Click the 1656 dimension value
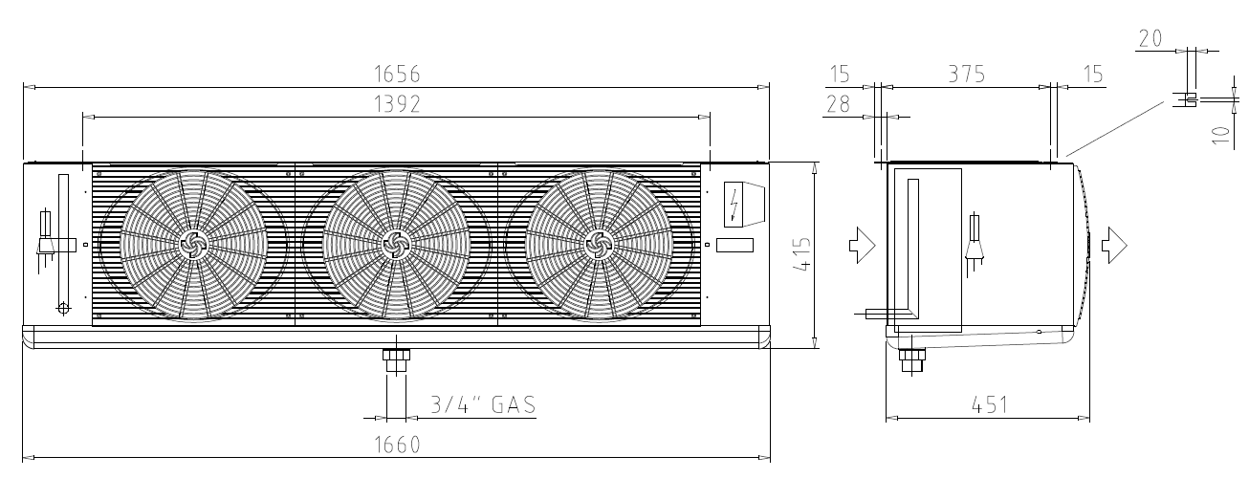point(397,75)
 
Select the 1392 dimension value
point(397,104)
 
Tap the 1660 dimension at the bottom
point(397,445)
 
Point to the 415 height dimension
point(801,254)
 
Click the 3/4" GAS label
point(483,404)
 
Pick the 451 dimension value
point(990,405)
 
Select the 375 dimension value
point(967,75)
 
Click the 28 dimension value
point(838,104)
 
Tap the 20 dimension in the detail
point(1150,38)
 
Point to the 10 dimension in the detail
point(1221,135)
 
